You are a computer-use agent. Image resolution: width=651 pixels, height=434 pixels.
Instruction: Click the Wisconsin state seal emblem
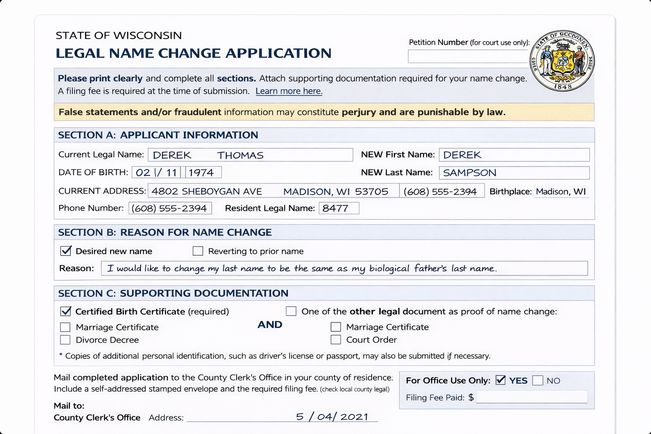(562, 61)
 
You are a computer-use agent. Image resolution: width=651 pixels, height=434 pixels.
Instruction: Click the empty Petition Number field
(468, 56)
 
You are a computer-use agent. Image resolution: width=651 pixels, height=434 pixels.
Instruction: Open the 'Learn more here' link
(289, 91)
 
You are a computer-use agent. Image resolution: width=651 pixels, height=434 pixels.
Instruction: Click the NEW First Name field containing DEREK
(514, 155)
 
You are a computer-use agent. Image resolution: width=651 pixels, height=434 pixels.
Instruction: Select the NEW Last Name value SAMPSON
(470, 173)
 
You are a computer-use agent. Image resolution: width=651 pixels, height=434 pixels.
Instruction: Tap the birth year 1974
(201, 172)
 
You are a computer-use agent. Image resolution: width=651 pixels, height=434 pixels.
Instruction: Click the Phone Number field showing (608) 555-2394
(170, 208)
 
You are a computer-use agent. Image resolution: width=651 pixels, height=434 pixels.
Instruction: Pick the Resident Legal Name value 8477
(336, 208)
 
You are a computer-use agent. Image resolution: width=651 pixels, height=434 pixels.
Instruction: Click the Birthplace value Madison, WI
(561, 192)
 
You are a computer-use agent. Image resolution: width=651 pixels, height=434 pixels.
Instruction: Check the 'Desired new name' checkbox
(66, 251)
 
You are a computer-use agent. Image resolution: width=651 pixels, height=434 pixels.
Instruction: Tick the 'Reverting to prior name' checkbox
(198, 251)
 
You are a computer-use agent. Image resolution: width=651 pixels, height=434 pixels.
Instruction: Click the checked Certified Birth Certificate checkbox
(66, 312)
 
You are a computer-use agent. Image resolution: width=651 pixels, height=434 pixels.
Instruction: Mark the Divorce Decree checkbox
(65, 340)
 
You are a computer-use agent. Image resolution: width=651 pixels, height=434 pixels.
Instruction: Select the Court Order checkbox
(336, 339)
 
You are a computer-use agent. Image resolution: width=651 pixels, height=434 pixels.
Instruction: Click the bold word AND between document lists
(270, 325)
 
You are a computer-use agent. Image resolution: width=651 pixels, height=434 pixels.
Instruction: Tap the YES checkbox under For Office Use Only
(501, 380)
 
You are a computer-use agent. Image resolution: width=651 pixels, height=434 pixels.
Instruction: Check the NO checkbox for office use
(537, 380)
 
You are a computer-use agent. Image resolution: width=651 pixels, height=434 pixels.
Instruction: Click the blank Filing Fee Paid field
(531, 397)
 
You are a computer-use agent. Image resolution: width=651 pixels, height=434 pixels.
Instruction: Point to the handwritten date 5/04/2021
(332, 417)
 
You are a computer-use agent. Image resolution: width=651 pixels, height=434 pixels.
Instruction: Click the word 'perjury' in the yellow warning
(359, 112)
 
